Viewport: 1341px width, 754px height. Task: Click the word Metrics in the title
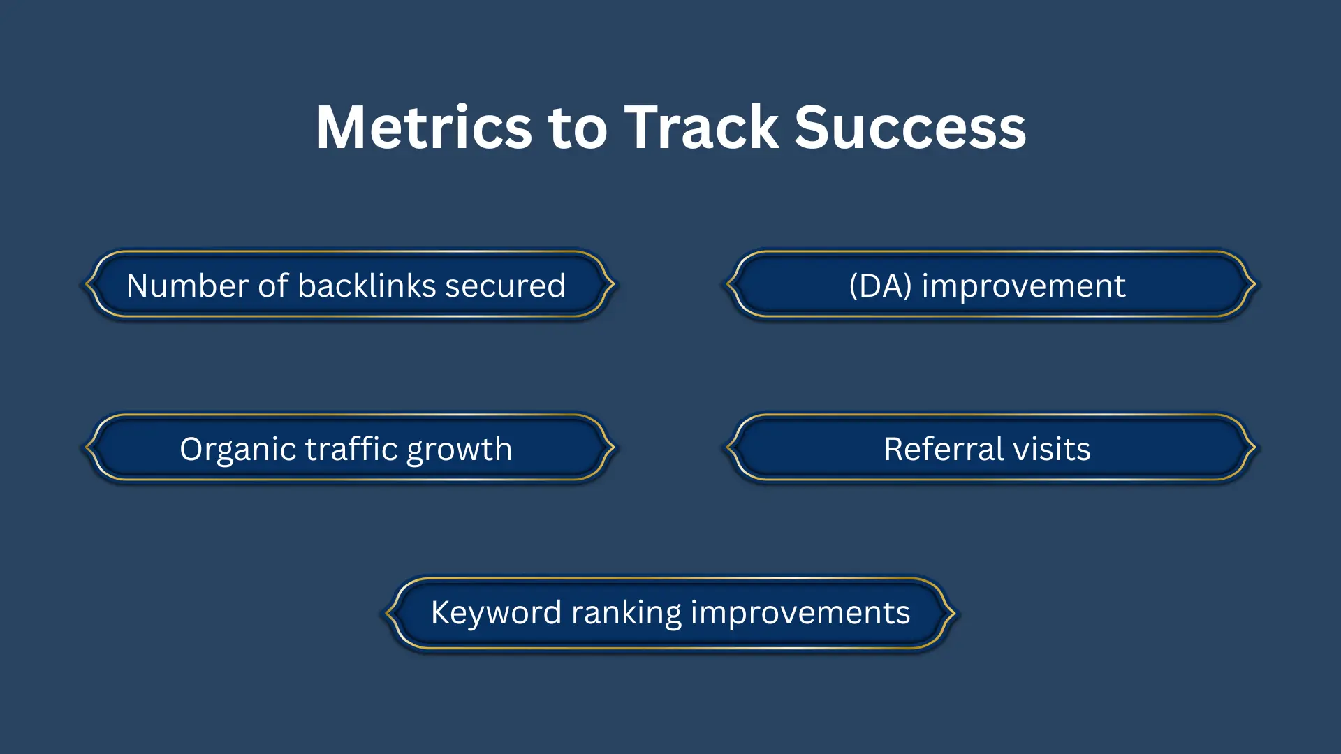[x=424, y=127]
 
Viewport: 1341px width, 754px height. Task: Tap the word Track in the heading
[x=701, y=127]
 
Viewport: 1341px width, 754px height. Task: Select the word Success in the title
[x=910, y=127]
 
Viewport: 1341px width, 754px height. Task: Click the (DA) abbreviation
[x=880, y=286]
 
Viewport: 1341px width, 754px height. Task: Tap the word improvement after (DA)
[x=1023, y=286]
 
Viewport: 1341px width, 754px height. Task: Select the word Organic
[x=238, y=449]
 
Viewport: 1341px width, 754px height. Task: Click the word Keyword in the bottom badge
[x=496, y=612]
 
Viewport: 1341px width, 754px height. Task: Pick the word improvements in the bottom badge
[x=800, y=612]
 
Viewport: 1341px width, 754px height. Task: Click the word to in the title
[x=578, y=127]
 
